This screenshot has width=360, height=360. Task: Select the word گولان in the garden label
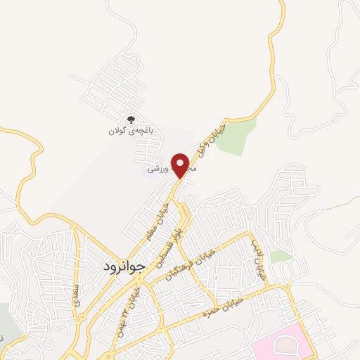point(116,131)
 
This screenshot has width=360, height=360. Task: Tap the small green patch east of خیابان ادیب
point(281,257)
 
